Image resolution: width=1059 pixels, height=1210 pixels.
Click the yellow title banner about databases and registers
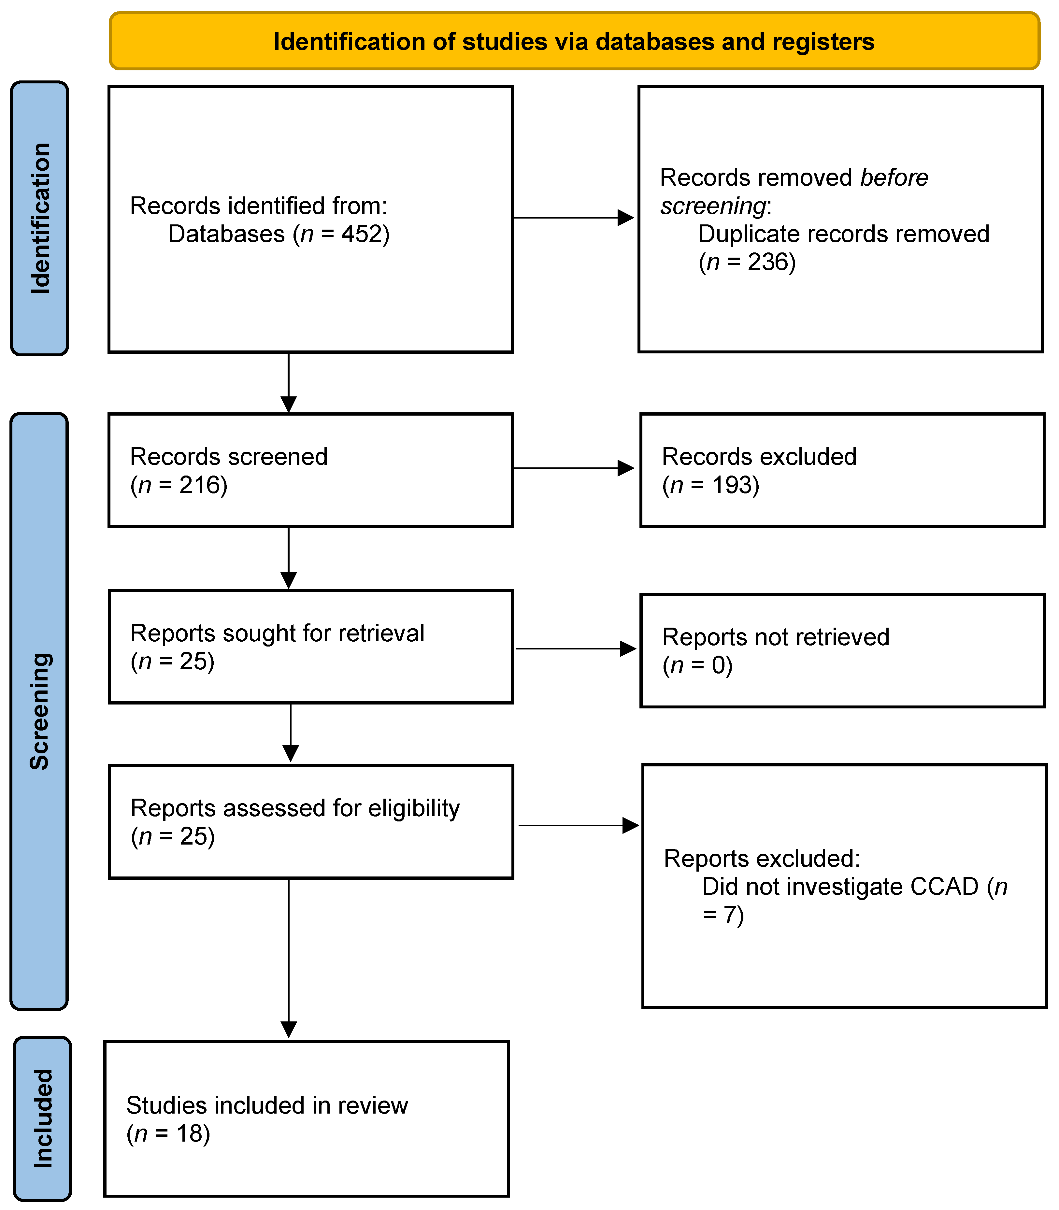tap(574, 41)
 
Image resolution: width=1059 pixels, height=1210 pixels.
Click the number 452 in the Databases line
tap(361, 235)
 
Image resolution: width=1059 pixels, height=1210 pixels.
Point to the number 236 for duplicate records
tap(768, 262)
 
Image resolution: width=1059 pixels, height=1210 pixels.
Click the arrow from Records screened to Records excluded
tap(573, 468)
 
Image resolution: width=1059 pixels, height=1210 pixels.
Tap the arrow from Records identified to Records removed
tap(573, 218)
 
